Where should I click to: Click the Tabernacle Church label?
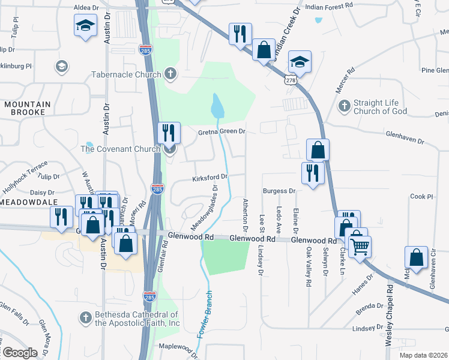[x=126, y=75]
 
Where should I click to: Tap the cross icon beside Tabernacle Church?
[x=170, y=74]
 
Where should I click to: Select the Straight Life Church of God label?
[x=380, y=107]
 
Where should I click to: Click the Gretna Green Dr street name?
[x=222, y=131]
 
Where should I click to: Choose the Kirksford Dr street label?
[x=210, y=177]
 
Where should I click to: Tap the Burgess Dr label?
[x=280, y=191]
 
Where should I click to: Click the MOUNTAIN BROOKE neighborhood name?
[x=28, y=108]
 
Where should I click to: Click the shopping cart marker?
[x=360, y=245]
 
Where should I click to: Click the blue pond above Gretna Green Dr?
[x=217, y=107]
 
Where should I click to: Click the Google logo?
[x=19, y=352]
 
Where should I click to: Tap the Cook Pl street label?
[x=421, y=196]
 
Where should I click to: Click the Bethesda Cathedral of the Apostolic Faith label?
[x=137, y=319]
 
